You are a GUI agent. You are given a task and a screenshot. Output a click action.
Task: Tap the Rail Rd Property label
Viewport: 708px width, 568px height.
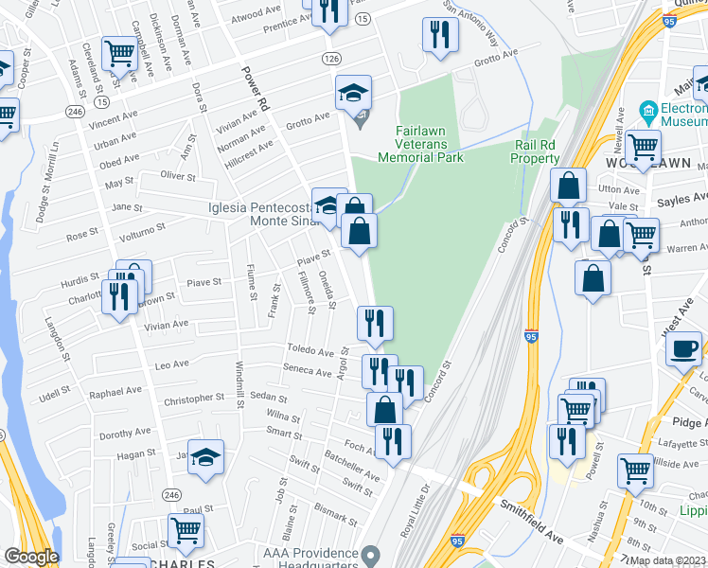[x=537, y=151]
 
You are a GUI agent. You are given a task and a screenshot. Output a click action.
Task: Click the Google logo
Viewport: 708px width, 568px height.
[x=30, y=557]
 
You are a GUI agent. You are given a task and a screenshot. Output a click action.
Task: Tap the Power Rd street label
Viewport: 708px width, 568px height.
[x=257, y=89]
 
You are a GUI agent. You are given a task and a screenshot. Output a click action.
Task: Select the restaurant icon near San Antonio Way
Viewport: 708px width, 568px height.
[x=439, y=35]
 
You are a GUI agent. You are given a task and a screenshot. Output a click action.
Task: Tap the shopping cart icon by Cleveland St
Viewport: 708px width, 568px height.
[x=120, y=53]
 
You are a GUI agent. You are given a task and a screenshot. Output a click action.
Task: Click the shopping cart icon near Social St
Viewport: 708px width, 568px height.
[x=186, y=530]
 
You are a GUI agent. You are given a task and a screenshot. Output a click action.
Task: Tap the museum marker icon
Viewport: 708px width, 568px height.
[x=648, y=109]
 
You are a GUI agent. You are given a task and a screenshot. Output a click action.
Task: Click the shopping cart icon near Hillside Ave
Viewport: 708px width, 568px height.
[x=635, y=470]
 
